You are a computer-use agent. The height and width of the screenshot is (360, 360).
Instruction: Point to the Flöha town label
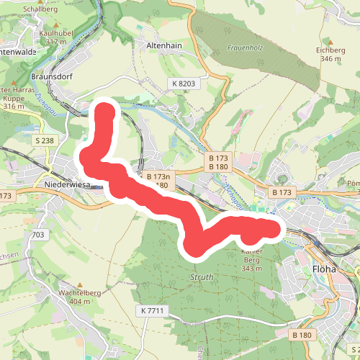[325, 269]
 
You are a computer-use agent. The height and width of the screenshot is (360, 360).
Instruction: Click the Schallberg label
[40, 9]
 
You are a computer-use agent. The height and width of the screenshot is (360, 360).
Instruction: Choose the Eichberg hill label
[331, 50]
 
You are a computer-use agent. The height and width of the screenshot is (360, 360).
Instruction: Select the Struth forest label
[202, 277]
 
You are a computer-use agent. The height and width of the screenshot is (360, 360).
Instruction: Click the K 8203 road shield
[184, 84]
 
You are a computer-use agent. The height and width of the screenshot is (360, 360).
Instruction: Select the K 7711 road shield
[153, 310]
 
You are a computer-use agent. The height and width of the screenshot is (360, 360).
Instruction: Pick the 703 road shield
[38, 235]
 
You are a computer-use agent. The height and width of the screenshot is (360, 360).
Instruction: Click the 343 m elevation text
[251, 269]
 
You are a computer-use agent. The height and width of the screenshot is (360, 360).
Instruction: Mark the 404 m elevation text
[79, 302]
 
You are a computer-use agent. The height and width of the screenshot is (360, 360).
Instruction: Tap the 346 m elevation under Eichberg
[331, 58]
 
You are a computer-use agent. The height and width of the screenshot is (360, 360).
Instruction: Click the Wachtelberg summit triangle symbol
[79, 284]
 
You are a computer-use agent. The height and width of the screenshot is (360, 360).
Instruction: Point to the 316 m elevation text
[14, 107]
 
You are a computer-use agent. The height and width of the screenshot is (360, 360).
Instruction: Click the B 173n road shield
[158, 176]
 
